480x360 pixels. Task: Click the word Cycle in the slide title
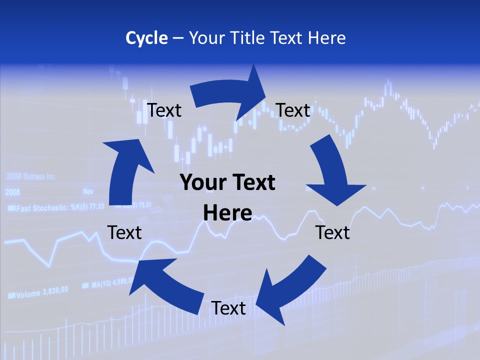click(146, 38)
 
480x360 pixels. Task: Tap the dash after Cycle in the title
click(178, 38)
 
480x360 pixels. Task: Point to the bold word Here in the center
click(227, 213)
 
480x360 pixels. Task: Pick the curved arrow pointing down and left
click(290, 290)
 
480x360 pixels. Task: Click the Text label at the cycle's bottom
click(228, 308)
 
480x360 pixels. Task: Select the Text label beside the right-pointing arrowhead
click(293, 110)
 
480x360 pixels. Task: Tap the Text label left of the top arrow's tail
click(164, 110)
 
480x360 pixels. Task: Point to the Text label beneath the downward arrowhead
click(332, 232)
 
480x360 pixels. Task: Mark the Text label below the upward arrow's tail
click(124, 232)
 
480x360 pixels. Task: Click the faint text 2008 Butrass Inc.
click(31, 177)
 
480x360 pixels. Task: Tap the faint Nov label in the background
click(88, 191)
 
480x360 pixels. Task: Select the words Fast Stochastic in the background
click(42, 207)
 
